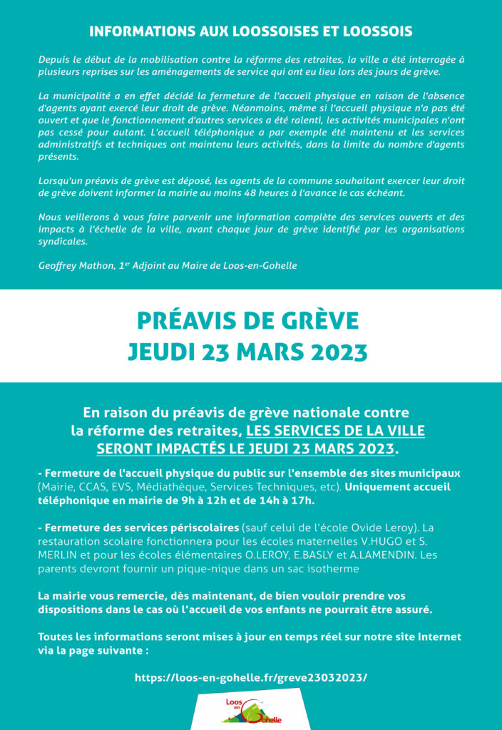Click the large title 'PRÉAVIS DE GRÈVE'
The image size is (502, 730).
(x=247, y=322)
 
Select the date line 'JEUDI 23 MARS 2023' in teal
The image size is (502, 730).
(x=247, y=352)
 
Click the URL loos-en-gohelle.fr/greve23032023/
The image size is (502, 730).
(x=251, y=677)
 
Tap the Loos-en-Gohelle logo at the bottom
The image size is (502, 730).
(x=251, y=710)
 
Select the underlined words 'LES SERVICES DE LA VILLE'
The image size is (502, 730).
(x=335, y=431)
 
